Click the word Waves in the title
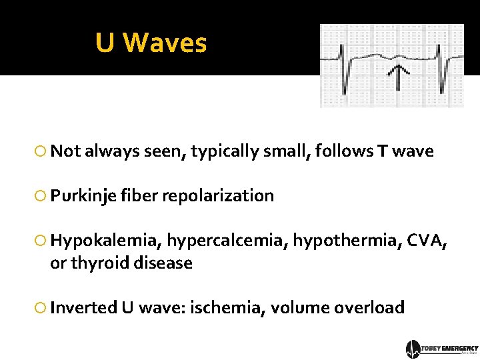165,43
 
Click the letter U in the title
105,43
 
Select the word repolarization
218,196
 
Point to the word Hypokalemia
105,241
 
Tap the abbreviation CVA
419,241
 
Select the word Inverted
83,308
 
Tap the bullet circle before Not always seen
41,152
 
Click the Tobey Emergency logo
442,349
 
